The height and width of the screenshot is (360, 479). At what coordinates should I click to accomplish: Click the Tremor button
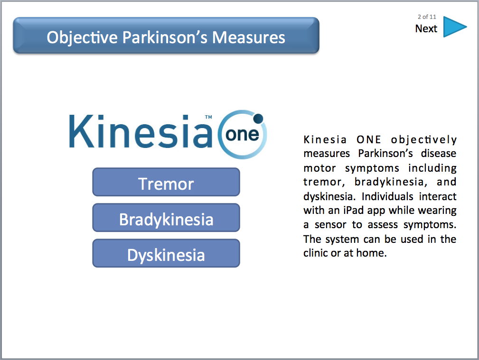[x=166, y=182]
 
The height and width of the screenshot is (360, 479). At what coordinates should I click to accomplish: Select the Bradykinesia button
[x=166, y=218]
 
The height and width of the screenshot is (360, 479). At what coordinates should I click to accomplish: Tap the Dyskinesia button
[x=166, y=253]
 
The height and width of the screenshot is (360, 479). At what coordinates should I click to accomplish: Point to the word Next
[x=426, y=29]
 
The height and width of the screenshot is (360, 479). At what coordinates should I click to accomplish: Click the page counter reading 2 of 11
[x=427, y=17]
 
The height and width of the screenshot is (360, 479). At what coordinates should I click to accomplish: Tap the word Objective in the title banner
[x=82, y=38]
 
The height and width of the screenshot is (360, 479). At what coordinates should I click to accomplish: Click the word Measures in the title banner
[x=249, y=37]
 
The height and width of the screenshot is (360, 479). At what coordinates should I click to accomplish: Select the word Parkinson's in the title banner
[x=165, y=37]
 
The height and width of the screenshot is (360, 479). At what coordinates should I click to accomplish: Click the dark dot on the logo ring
[x=258, y=119]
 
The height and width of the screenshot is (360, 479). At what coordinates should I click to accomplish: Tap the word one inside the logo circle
[x=242, y=135]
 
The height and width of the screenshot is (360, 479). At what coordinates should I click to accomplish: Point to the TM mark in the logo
[x=208, y=117]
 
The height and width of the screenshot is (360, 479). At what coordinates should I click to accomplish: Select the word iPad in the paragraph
[x=354, y=211]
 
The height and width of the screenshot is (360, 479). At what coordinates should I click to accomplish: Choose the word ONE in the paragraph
[x=369, y=139]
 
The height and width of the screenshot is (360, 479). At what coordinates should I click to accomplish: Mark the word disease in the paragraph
[x=438, y=153]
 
